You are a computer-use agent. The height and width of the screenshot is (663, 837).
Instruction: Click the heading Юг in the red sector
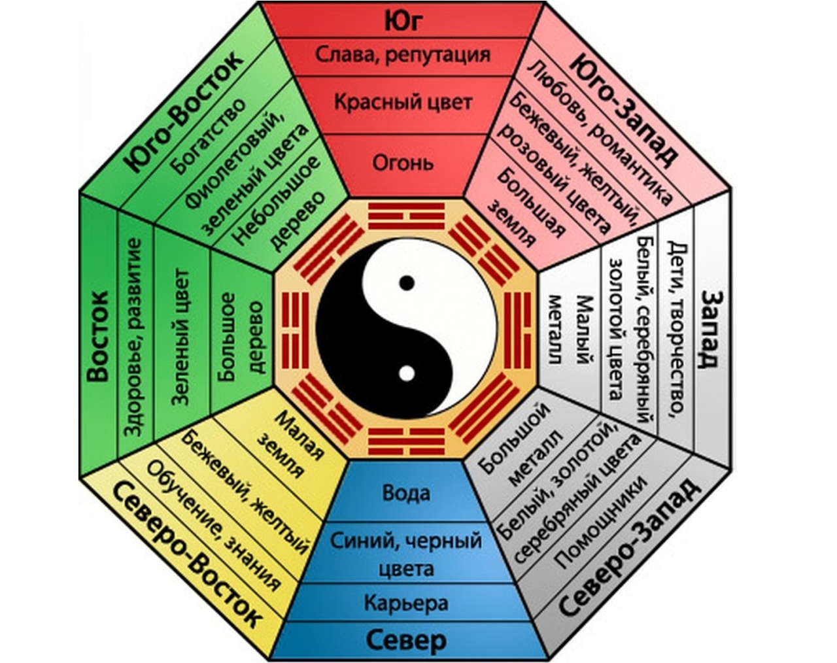403,20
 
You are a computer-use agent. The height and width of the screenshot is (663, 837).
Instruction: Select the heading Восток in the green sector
97,337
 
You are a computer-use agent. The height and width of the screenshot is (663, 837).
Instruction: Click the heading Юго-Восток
184,110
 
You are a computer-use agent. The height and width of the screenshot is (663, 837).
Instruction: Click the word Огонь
403,161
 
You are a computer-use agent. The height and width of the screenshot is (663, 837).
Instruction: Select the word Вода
406,492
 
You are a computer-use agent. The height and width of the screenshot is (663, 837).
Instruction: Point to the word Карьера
406,602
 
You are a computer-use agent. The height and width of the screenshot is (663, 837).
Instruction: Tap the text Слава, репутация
403,54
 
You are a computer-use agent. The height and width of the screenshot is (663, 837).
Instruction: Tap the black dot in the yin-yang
407,283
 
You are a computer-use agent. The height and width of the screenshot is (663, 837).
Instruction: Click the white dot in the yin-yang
407,373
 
